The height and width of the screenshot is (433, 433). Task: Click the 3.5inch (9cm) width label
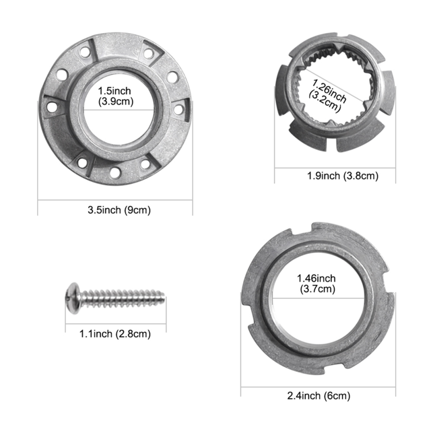click(119, 210)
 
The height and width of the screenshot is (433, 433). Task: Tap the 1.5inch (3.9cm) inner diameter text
click(116, 96)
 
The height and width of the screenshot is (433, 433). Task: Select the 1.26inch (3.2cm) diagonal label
click(327, 95)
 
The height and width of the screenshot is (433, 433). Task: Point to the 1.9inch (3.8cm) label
click(343, 176)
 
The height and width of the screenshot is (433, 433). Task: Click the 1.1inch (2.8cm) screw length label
click(115, 334)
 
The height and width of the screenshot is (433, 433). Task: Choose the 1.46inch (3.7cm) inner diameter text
click(317, 283)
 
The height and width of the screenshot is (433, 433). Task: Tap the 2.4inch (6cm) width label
click(319, 396)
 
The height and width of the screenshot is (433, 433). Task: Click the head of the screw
click(72, 298)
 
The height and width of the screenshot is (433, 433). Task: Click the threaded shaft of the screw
click(122, 298)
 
